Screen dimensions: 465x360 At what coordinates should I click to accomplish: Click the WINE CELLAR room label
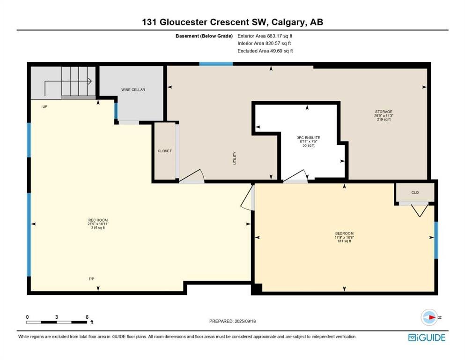[x=133, y=90]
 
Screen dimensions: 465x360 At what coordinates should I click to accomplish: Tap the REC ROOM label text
[x=98, y=220]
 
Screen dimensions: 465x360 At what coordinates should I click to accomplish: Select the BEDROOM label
[x=344, y=233]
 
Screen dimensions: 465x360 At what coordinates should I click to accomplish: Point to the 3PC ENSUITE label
[x=309, y=138]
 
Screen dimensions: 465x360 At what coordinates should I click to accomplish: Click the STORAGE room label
[x=384, y=112]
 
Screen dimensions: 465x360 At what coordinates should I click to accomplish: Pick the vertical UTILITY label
[x=235, y=158]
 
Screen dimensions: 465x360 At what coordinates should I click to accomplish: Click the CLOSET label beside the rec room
[x=164, y=151]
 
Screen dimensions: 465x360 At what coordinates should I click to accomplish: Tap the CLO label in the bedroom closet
[x=415, y=192]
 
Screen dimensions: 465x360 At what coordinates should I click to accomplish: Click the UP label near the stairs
[x=45, y=106]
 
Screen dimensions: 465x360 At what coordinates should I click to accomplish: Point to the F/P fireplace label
[x=91, y=279]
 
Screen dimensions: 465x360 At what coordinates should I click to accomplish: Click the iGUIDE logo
[x=427, y=338]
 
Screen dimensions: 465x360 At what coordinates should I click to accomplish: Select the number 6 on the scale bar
[x=87, y=317]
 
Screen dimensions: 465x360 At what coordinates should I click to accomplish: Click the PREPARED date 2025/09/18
[x=245, y=321]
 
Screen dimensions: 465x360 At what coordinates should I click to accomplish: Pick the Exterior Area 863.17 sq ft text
[x=265, y=36]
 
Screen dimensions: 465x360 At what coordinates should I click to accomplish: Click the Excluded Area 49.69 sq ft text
[x=265, y=51]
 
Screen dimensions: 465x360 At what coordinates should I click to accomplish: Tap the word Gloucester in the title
[x=184, y=22]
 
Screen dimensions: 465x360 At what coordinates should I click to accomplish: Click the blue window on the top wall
[x=216, y=64]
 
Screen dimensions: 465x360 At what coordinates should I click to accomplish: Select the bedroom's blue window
[x=436, y=240]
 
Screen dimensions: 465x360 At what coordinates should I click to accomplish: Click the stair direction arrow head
[x=89, y=81]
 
